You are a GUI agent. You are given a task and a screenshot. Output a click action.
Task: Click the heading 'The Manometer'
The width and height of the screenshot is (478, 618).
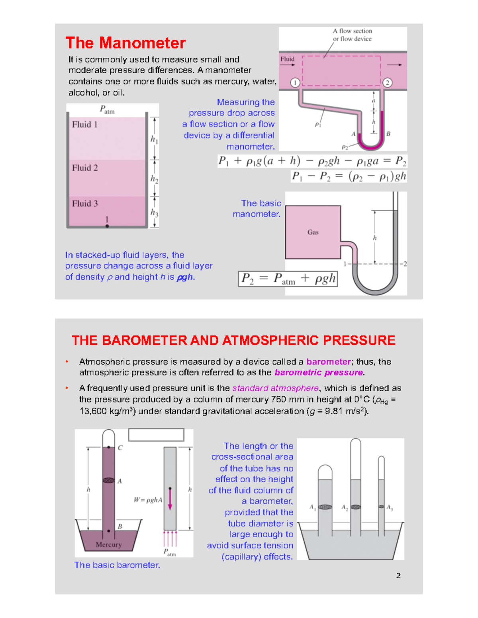point(125,43)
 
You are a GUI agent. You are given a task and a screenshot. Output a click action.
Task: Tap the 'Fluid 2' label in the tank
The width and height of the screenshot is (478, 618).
point(84,168)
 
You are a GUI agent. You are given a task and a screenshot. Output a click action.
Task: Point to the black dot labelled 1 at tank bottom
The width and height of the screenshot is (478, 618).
point(107,226)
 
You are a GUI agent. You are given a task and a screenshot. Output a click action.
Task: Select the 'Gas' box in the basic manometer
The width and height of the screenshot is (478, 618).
point(313,232)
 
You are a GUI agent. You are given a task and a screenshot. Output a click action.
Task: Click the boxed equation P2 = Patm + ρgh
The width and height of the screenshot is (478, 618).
point(288,279)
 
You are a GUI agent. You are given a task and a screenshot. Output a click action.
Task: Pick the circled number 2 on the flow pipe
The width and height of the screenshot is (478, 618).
point(387,82)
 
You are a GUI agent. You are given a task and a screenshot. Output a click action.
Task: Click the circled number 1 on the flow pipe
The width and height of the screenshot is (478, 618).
point(295,82)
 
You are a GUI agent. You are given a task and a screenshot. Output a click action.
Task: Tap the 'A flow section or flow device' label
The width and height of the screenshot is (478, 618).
point(352,35)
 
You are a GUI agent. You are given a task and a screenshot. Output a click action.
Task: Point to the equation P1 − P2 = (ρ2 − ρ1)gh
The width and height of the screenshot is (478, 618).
point(349,176)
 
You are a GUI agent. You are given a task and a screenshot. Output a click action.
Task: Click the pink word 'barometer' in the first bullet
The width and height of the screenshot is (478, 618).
point(329,362)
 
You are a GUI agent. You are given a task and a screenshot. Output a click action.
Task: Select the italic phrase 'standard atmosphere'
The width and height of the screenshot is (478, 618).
point(276,388)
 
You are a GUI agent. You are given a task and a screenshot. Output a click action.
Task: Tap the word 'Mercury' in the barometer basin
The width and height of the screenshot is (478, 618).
point(108,544)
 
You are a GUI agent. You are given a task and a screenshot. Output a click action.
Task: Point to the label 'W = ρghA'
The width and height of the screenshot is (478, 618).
point(148,500)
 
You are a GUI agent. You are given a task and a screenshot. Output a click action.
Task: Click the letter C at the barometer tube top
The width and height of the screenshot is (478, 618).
point(120,448)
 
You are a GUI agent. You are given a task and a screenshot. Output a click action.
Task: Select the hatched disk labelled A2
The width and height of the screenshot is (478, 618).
point(355,507)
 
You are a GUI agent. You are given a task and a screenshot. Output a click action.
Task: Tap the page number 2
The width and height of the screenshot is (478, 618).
point(398,575)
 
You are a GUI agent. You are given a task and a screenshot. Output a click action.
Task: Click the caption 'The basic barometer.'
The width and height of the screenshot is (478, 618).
point(117,565)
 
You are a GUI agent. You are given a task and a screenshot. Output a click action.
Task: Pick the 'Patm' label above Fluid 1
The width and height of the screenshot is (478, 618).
point(107,109)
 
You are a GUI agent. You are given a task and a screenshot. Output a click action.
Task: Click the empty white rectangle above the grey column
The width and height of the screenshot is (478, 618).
point(156,435)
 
